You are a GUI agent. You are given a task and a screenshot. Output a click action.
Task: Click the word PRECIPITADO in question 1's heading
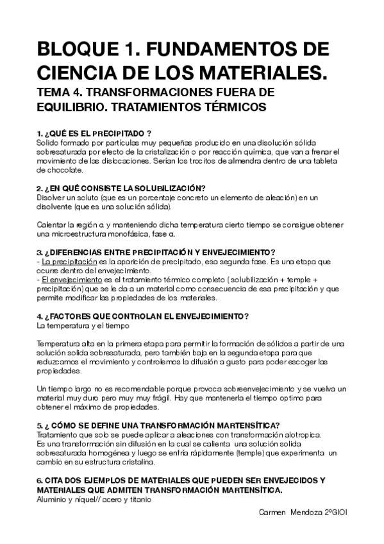click(122, 133)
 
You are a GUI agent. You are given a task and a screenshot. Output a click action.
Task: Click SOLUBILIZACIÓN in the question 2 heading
click(166, 188)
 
